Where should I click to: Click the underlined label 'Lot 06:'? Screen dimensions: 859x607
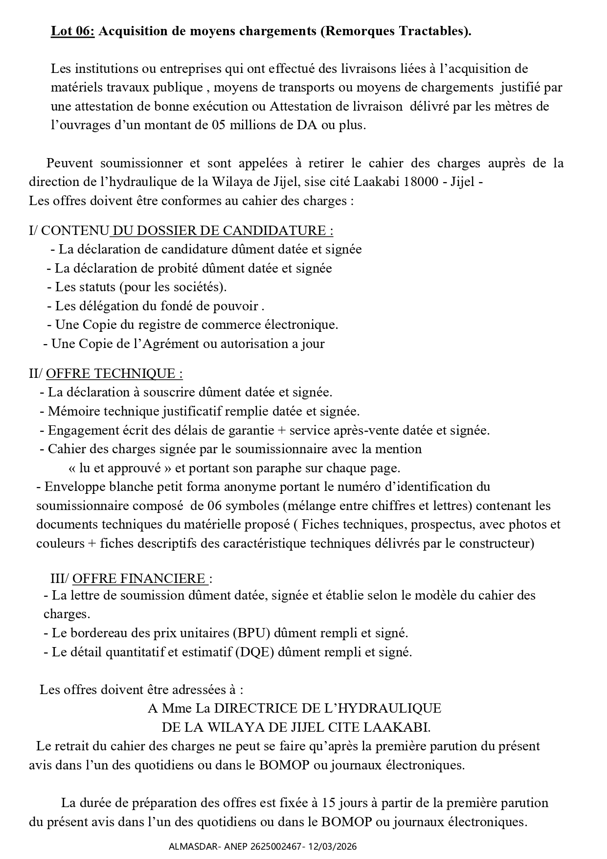[x=72, y=31]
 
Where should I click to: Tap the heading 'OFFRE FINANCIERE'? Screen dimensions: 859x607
[x=139, y=579]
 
